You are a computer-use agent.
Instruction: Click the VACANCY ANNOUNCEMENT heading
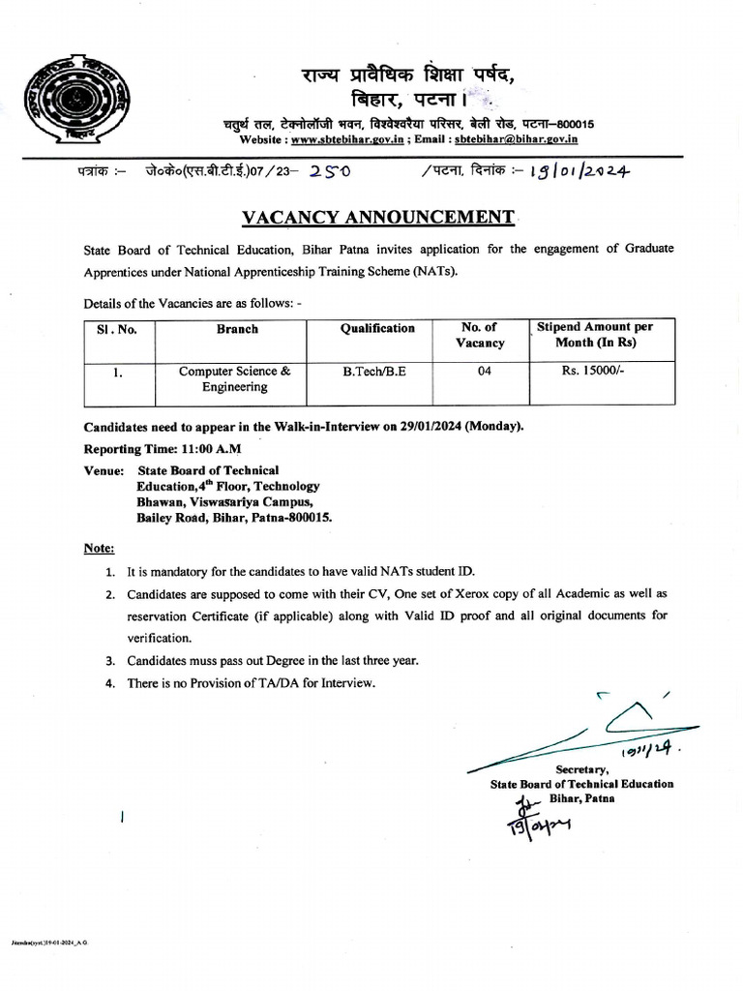coord(378,216)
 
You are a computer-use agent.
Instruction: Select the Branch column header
coord(237,329)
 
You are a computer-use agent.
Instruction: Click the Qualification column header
coord(377,329)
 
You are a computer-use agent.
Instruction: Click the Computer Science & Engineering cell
coord(234,378)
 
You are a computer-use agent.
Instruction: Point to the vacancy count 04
coord(484,371)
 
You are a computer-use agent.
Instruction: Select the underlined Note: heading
coord(99,548)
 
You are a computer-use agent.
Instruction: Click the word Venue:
coord(104,470)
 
